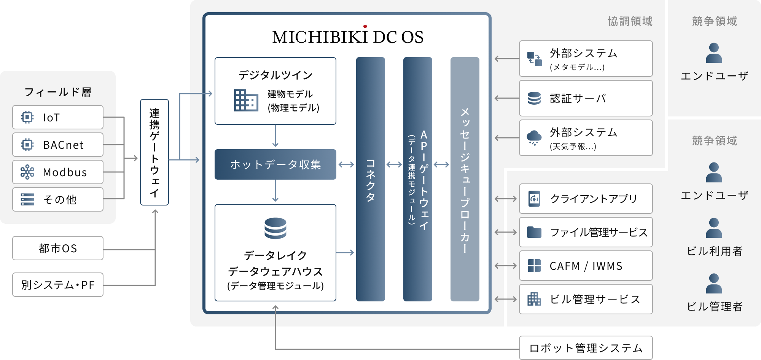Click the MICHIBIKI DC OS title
click(348, 37)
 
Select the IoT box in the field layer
click(58, 117)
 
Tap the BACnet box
click(58, 145)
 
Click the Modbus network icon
click(27, 172)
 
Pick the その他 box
click(58, 199)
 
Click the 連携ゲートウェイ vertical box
click(154, 152)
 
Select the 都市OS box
click(58, 248)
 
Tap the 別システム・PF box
click(58, 285)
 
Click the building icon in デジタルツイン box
click(246, 100)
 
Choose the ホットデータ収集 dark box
click(275, 164)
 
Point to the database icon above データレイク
click(275, 228)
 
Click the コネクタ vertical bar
click(371, 179)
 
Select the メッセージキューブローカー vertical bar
click(465, 179)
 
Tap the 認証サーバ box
click(586, 98)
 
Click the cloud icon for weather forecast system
click(534, 137)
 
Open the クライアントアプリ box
click(586, 199)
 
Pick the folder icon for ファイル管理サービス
click(534, 232)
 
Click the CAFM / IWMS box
click(586, 266)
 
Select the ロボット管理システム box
click(586, 348)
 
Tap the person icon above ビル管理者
click(714, 284)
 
